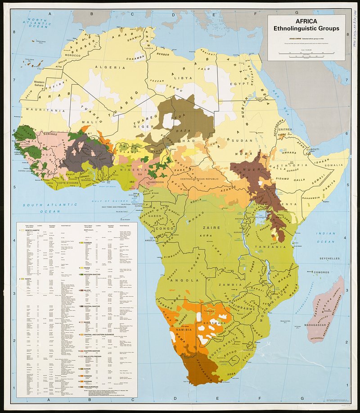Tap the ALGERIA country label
coord(115,68)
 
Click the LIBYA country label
coord(185,78)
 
